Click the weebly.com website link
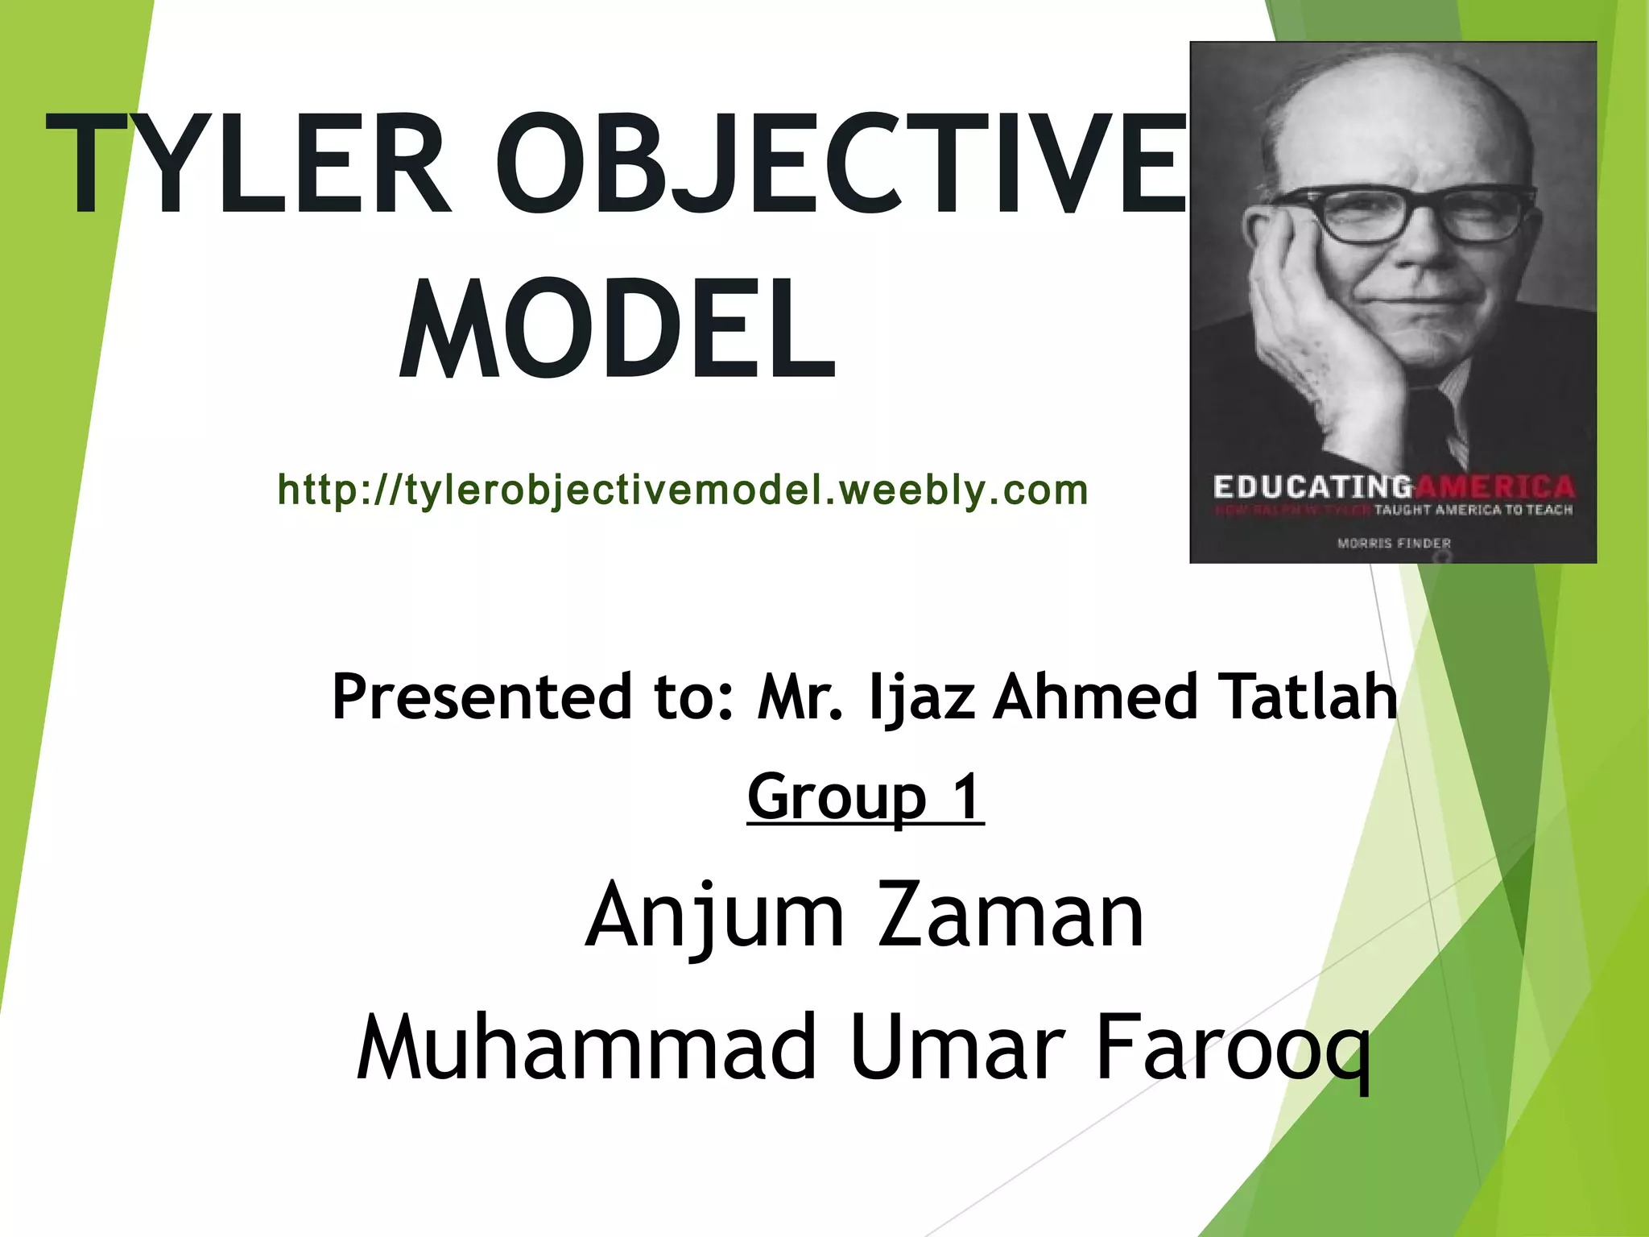[682, 490]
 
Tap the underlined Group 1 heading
[866, 796]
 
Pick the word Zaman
[1010, 915]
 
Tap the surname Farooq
[1232, 1047]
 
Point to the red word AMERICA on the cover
[1494, 486]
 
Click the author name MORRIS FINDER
[1394, 544]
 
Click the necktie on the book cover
[1432, 427]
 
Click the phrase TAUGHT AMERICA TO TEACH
[1473, 510]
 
